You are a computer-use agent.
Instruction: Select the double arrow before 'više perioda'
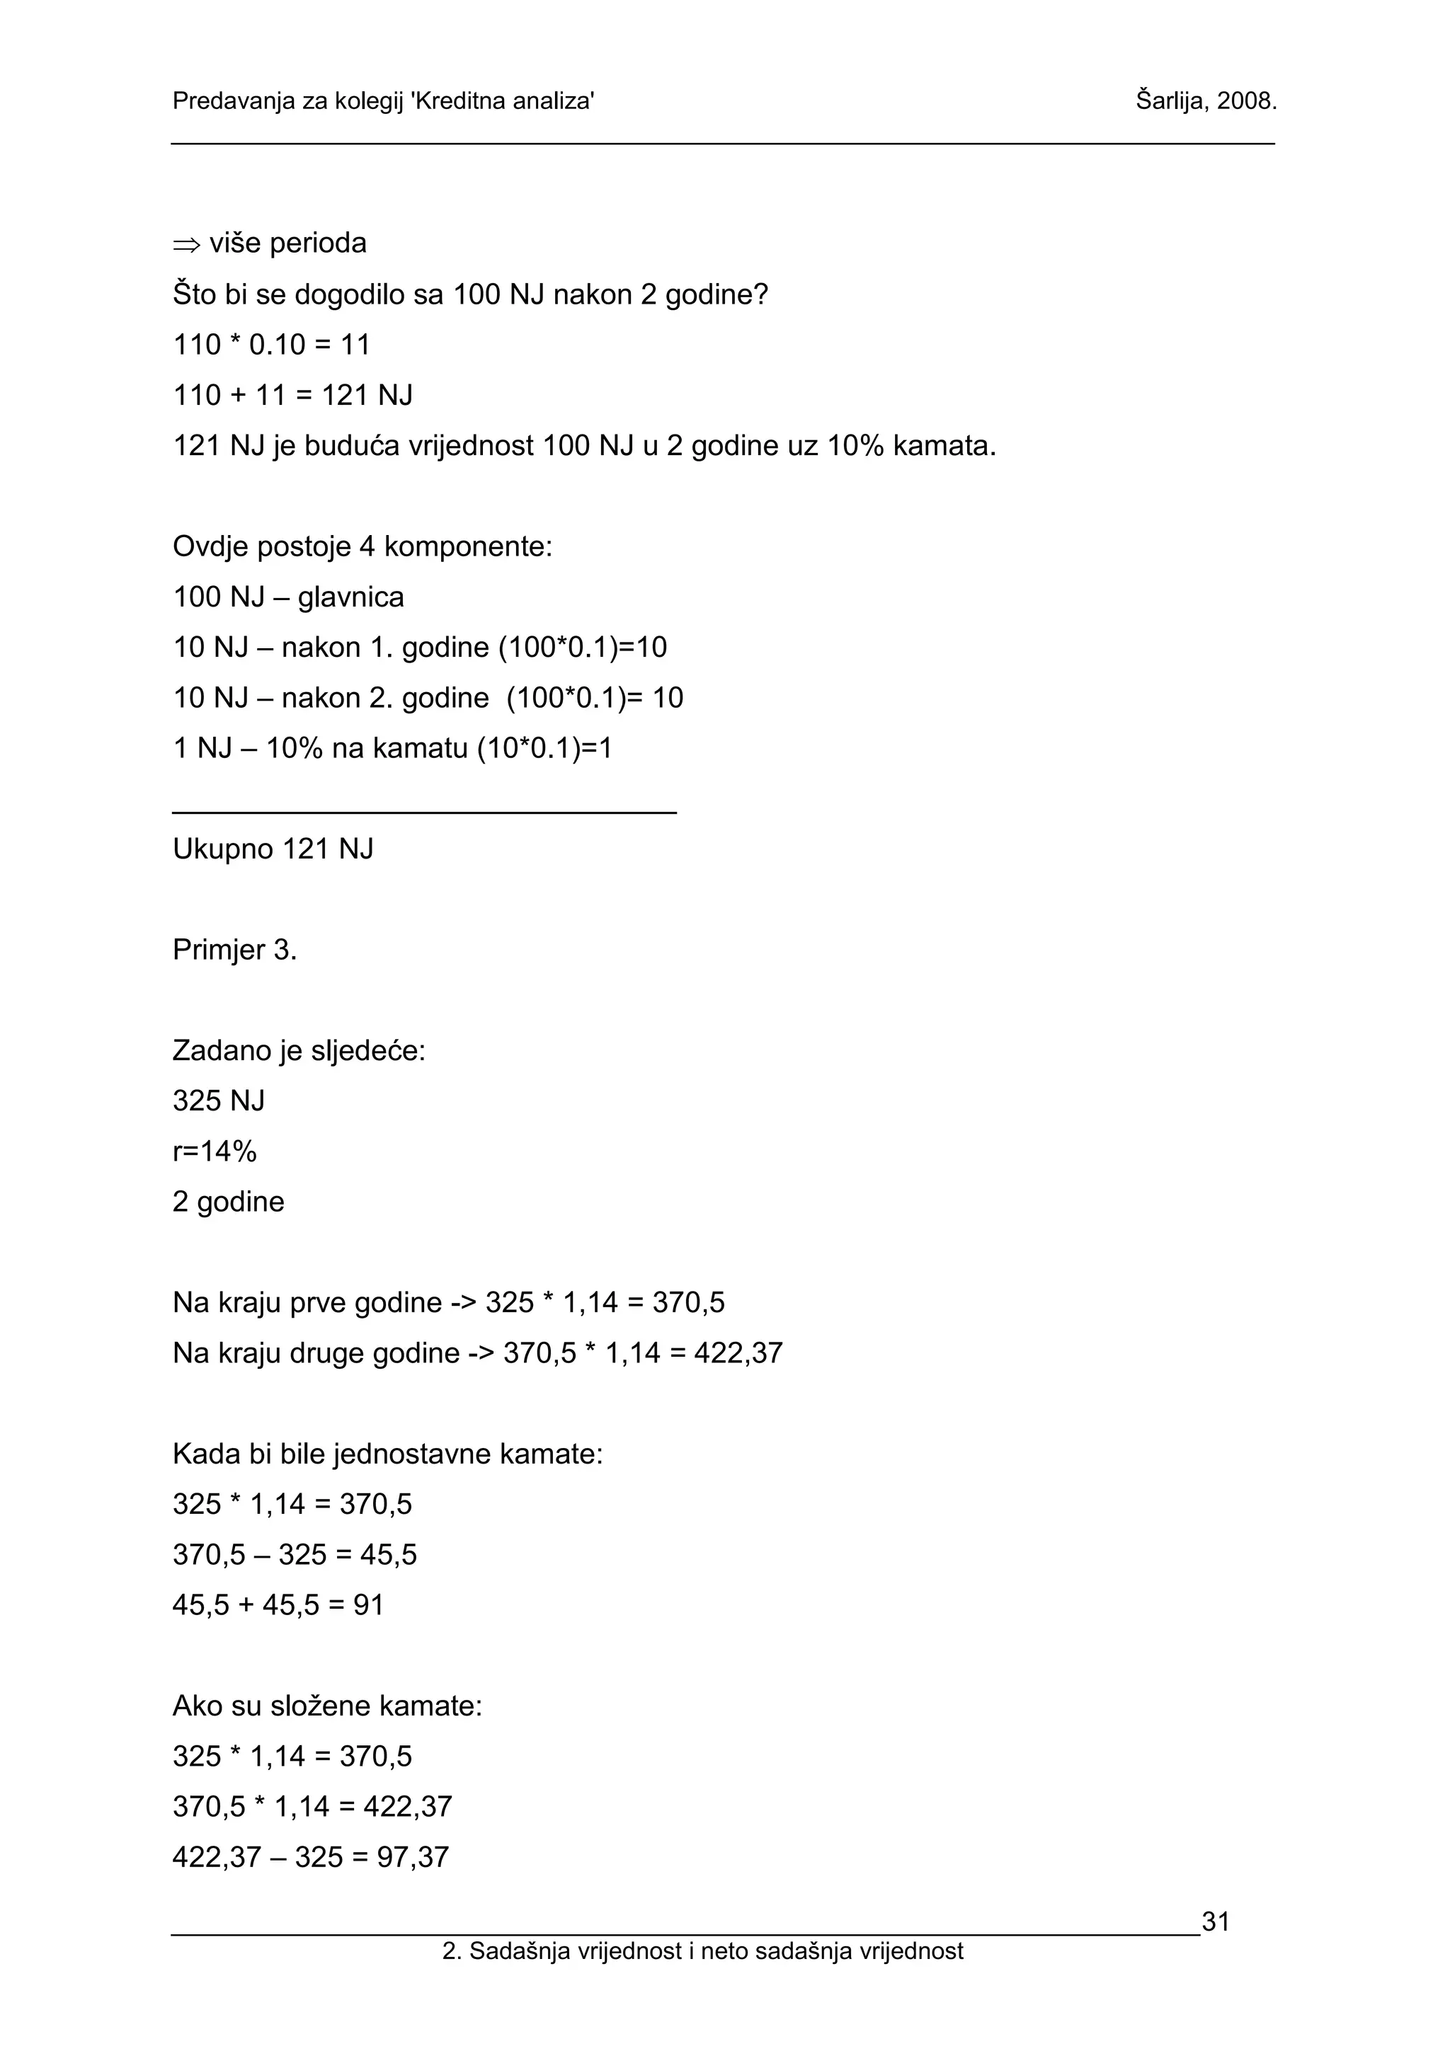(187, 244)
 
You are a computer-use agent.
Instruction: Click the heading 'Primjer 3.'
(234, 950)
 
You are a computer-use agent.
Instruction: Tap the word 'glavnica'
(351, 597)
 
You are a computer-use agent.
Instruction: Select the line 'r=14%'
(215, 1151)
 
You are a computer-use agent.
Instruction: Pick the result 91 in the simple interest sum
(368, 1605)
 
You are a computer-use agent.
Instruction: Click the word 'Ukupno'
(223, 849)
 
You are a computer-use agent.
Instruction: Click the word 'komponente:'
(468, 546)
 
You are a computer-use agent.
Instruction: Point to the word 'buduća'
(352, 446)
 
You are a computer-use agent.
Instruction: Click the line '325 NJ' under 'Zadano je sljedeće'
(219, 1101)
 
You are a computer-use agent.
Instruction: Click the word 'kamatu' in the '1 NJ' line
(420, 749)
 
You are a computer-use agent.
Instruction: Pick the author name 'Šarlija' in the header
(1171, 101)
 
